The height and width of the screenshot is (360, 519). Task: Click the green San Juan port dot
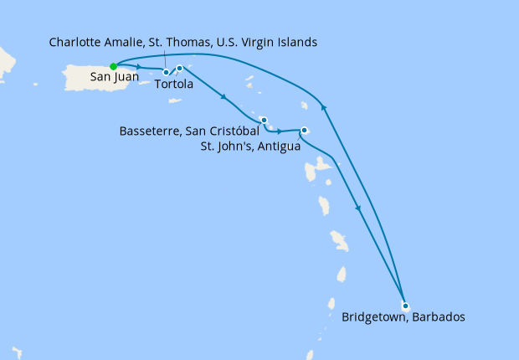point(113,66)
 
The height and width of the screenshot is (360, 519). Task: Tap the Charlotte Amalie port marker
point(166,72)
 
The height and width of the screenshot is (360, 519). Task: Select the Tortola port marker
point(180,68)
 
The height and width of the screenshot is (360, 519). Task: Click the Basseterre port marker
point(263,120)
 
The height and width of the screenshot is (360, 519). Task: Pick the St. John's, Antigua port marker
point(304,130)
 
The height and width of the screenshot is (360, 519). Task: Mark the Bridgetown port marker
point(404,306)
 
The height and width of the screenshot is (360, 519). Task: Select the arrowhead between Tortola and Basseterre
point(224,98)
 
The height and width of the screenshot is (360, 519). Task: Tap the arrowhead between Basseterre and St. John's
point(280,131)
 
